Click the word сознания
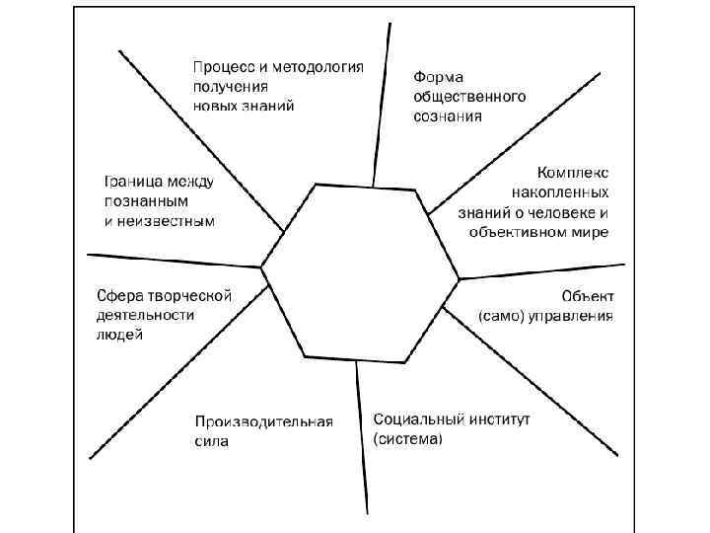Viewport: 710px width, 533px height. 448,116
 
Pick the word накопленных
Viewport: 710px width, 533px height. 560,191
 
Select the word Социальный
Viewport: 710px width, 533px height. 413,419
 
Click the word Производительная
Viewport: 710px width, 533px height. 263,421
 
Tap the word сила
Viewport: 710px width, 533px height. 211,441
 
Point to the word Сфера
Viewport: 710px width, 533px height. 119,295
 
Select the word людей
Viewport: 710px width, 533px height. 119,335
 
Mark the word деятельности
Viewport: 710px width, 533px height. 145,315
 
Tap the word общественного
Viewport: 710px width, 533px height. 468,97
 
